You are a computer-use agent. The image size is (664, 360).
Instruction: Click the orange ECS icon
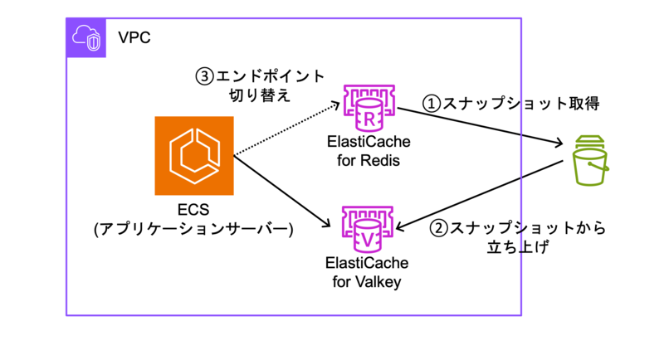click(x=194, y=156)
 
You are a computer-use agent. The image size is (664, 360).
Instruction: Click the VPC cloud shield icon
click(x=86, y=37)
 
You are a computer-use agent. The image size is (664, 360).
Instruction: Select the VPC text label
click(x=134, y=37)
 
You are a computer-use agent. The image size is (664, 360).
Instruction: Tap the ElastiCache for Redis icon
click(x=369, y=108)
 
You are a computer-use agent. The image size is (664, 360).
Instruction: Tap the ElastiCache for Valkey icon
click(x=368, y=229)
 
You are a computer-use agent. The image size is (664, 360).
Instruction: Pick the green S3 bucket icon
click(x=590, y=160)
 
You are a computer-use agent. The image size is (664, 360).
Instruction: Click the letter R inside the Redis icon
click(x=369, y=119)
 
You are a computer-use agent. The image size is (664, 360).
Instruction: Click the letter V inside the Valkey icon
click(x=368, y=241)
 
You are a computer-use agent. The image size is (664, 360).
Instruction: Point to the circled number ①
click(x=432, y=104)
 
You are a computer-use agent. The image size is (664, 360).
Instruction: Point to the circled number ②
click(x=438, y=228)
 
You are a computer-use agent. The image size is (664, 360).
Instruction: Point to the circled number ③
click(x=204, y=76)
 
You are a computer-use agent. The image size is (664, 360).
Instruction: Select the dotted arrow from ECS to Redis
click(x=287, y=129)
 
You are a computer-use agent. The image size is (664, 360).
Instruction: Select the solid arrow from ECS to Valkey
click(x=282, y=192)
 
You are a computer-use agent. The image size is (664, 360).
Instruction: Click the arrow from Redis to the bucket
click(x=481, y=126)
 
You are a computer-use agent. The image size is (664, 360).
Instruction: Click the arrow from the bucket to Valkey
click(x=479, y=196)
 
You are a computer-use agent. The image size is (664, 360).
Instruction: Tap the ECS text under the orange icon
click(x=193, y=210)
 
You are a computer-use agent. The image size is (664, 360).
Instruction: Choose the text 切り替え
click(x=260, y=95)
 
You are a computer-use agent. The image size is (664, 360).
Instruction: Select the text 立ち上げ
click(x=518, y=246)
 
